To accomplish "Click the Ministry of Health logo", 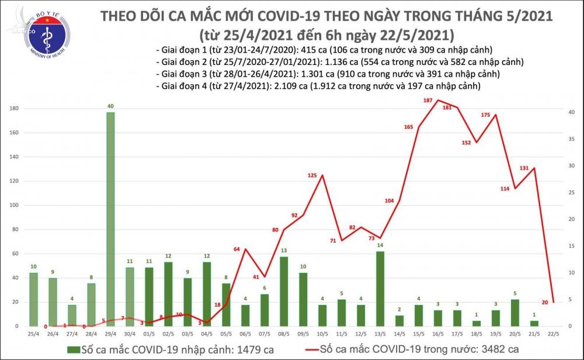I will click(x=36, y=33).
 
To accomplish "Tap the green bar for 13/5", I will click(x=380, y=289).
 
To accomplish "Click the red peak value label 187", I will click(x=427, y=101).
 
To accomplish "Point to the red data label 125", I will click(x=313, y=176).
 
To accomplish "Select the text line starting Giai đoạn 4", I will click(x=318, y=86).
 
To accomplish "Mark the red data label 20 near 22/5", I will click(x=561, y=303).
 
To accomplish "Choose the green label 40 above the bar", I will click(x=110, y=106).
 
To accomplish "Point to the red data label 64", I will click(x=237, y=250).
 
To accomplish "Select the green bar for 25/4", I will click(x=33, y=299).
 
